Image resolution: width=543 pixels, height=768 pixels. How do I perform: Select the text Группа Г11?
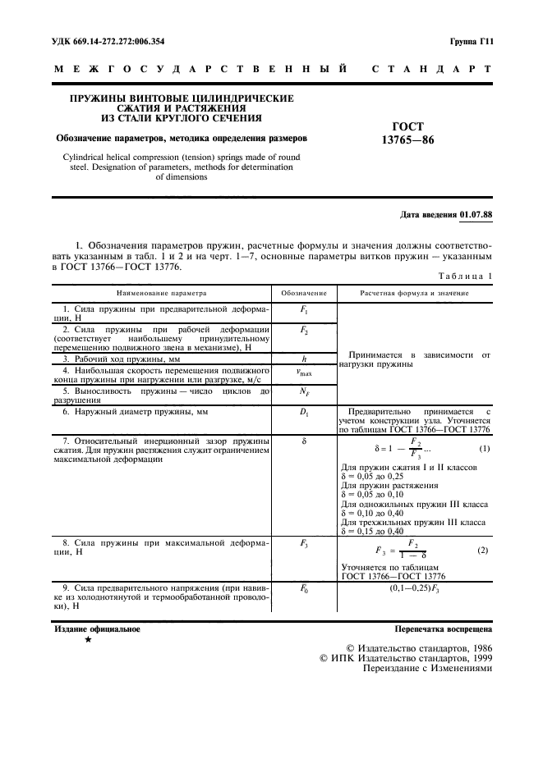(x=470, y=40)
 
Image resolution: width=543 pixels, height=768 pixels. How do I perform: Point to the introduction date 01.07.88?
(x=476, y=215)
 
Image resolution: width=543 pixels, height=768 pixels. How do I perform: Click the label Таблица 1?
(x=465, y=277)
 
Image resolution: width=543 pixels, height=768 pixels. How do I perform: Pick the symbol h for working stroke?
(x=304, y=359)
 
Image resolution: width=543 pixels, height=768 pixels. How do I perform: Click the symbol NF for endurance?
(x=304, y=392)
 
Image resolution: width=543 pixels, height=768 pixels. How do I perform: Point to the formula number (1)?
(x=484, y=448)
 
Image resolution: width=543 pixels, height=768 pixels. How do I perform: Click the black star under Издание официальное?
(x=88, y=639)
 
